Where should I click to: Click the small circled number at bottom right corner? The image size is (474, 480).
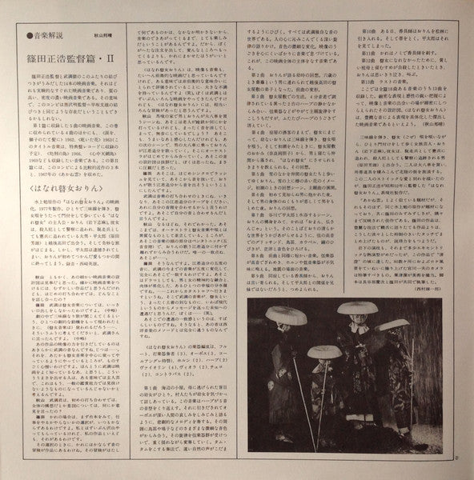(x=458, y=458)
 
